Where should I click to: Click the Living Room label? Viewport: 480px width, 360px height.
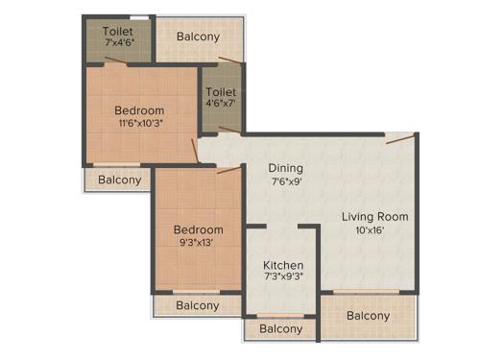pyautogui.click(x=374, y=217)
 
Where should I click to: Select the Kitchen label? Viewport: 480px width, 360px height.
pyautogui.click(x=283, y=265)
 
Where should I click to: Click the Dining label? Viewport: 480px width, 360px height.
pyautogui.click(x=286, y=168)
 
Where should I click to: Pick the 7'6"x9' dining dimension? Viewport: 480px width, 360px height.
pyautogui.click(x=286, y=183)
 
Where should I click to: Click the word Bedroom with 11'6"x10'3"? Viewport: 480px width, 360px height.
pyautogui.click(x=139, y=109)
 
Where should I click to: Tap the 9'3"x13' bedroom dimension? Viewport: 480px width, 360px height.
pyautogui.click(x=198, y=245)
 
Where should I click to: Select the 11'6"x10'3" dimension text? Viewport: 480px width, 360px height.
pyautogui.click(x=139, y=124)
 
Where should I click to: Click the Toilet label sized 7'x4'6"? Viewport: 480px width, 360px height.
pyautogui.click(x=118, y=31)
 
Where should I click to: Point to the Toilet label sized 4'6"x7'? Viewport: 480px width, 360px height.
pyautogui.click(x=221, y=93)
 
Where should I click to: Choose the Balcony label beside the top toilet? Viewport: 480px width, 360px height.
pyautogui.click(x=198, y=37)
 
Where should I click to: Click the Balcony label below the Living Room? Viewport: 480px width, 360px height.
pyautogui.click(x=368, y=316)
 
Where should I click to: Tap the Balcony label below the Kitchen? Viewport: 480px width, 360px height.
pyautogui.click(x=281, y=329)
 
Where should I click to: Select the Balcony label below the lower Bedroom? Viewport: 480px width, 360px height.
pyautogui.click(x=197, y=305)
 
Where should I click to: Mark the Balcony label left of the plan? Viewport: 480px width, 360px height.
pyautogui.click(x=119, y=180)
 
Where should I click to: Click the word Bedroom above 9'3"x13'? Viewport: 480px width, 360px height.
pyautogui.click(x=198, y=230)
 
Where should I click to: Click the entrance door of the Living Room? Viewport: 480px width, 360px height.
pyautogui.click(x=400, y=138)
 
